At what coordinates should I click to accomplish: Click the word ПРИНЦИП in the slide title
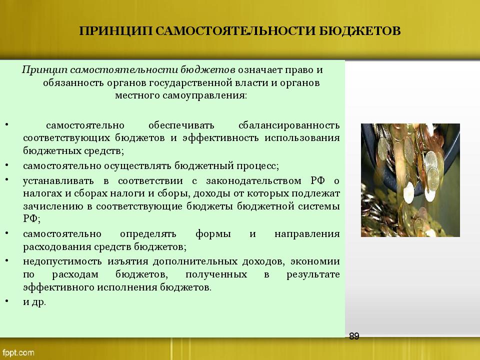point(115,31)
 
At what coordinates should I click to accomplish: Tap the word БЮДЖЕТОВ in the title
point(359,31)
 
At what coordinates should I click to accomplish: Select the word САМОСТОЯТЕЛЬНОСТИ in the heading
point(235,31)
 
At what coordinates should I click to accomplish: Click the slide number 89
point(354,336)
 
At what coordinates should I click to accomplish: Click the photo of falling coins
point(410,180)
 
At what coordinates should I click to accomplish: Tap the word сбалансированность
point(289,125)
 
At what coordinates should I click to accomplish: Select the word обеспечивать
point(181,125)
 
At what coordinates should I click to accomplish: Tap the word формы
point(213,234)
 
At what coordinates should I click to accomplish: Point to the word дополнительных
point(195,261)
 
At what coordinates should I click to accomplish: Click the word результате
point(313,274)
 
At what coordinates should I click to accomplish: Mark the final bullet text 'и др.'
point(34,302)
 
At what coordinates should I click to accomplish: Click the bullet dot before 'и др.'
point(6,301)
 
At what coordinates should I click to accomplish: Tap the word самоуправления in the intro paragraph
point(204,95)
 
